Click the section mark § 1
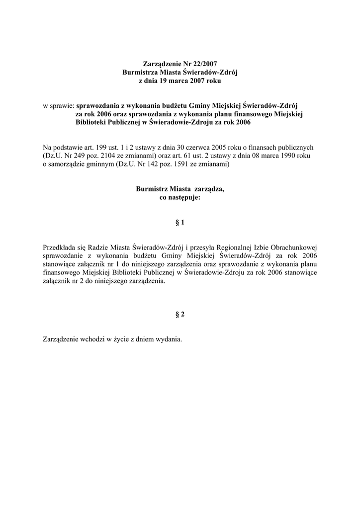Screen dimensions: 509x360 [x=180, y=223]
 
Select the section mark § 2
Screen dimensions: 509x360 [x=180, y=314]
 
